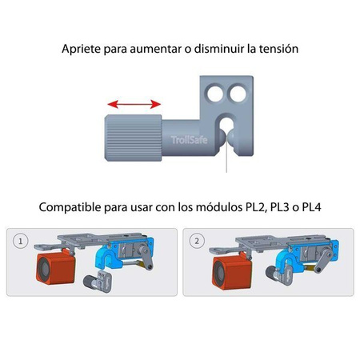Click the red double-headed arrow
pos(134,104)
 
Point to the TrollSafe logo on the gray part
pos(189,140)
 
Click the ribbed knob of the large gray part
pos(134,138)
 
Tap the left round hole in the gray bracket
pos(215,93)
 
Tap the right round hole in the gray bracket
pos(238,93)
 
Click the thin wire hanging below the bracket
pos(226,154)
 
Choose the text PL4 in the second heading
pos(311,207)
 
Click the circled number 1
pos(20,242)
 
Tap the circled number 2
pos(197,241)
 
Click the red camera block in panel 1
pos(56,269)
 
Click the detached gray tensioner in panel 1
pos(98,282)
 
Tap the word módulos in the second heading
pos(219,207)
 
